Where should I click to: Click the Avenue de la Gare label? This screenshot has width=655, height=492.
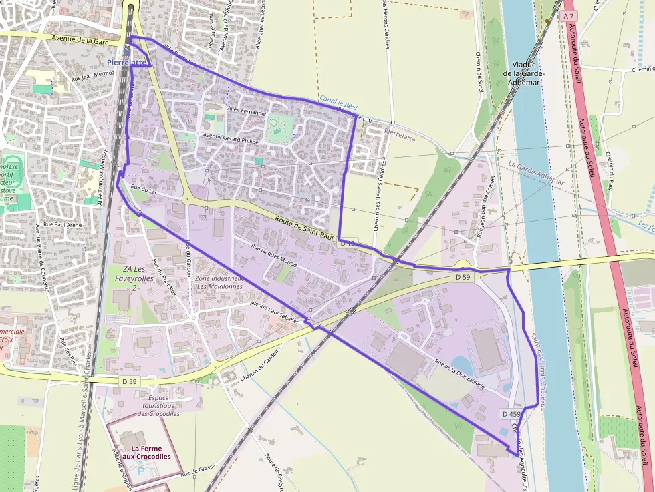tap(80, 39)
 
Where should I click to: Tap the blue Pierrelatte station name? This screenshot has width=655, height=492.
tap(126, 62)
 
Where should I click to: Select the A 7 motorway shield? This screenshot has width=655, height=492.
tap(569, 15)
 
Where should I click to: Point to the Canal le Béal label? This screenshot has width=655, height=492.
tap(338, 102)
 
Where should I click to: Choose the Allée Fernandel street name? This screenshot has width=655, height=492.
tap(247, 111)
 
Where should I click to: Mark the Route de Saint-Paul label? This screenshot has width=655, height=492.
tap(304, 226)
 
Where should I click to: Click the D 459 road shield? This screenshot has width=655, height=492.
tap(510, 414)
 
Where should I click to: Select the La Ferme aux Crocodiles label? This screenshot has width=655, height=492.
tap(150, 453)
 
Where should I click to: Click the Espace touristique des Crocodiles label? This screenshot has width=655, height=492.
tap(158, 405)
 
